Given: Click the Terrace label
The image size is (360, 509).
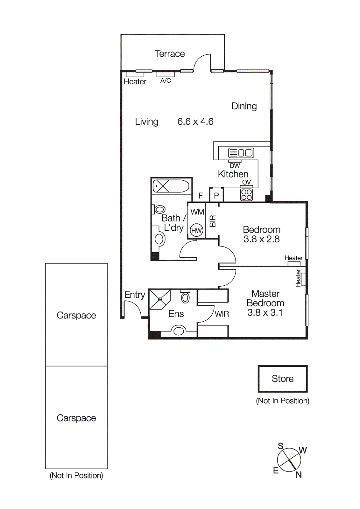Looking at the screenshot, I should click(x=170, y=53).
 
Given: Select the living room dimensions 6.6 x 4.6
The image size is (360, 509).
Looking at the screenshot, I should click(x=195, y=122).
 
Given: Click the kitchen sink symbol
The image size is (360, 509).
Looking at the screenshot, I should click(x=241, y=153).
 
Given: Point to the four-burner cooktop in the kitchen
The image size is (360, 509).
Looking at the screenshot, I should click(x=246, y=195).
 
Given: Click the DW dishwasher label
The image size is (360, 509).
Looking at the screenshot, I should click(x=235, y=166).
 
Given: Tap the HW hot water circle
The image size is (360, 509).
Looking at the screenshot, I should click(x=196, y=230).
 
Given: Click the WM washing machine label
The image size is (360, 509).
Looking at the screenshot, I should click(x=197, y=212).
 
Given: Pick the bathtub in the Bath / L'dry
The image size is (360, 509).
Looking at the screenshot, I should click(x=171, y=186).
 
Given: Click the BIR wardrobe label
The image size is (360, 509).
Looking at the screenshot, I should click(x=213, y=221).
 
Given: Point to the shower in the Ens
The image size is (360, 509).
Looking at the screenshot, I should click(x=160, y=299).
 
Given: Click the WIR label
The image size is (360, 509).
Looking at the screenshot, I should click(x=222, y=314).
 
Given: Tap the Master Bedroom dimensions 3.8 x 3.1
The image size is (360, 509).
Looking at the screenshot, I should click(x=265, y=313).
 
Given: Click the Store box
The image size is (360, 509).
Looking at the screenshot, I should click(x=282, y=379).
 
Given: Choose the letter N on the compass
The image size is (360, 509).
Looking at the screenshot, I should click(x=299, y=475).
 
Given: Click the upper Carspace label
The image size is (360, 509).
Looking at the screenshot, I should click(x=76, y=315).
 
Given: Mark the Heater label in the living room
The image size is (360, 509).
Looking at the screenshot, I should click(x=135, y=82).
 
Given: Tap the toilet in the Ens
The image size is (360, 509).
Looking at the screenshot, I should click(x=185, y=297).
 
